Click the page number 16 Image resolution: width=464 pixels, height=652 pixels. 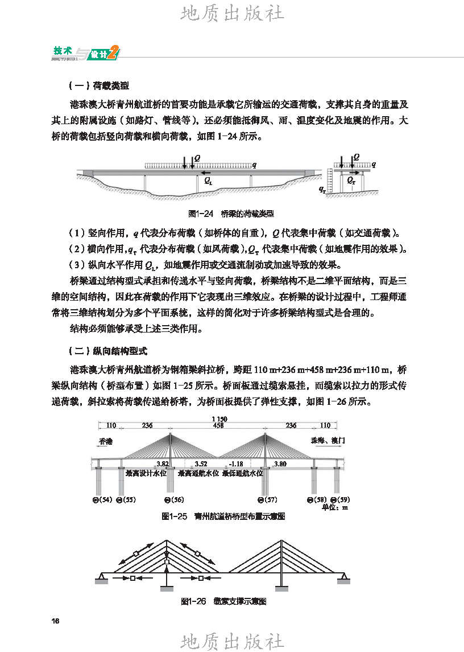[x=55, y=621]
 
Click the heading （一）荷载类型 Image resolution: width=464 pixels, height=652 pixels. [x=98, y=86]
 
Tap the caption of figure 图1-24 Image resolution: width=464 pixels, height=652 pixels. [x=231, y=214]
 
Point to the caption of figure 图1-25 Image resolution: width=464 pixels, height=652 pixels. [x=223, y=516]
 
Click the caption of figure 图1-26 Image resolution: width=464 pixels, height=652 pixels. [x=223, y=601]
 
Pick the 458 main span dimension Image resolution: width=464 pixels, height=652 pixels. [x=218, y=425]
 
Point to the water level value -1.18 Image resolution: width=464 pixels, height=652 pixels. [x=235, y=464]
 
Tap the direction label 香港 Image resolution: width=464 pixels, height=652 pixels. [x=106, y=441]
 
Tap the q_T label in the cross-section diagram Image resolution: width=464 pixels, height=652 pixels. [x=322, y=188]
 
